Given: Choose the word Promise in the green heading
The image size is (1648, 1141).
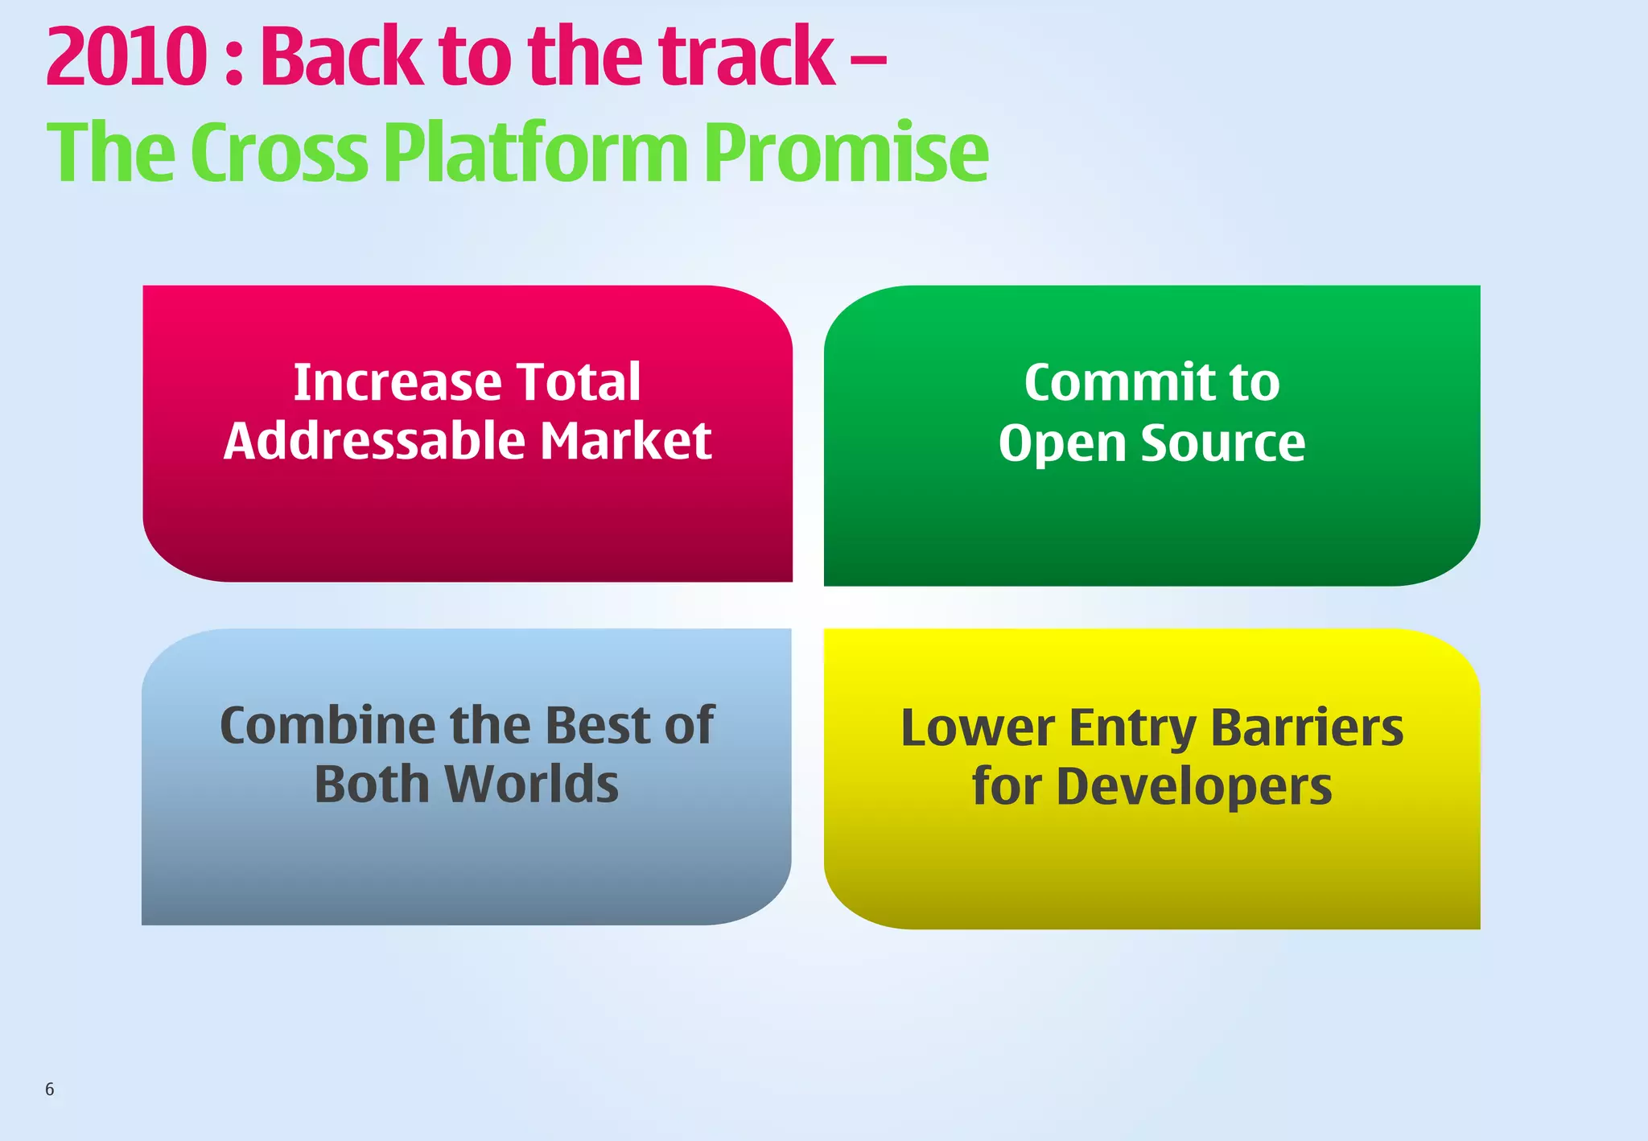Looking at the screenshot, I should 846,153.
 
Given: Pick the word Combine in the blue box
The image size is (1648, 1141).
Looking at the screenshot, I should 327,725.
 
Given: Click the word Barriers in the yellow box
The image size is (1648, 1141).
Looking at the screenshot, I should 1307,727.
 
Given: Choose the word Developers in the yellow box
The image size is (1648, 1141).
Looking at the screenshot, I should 1194,787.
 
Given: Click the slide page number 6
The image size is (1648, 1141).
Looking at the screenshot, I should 50,1090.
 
